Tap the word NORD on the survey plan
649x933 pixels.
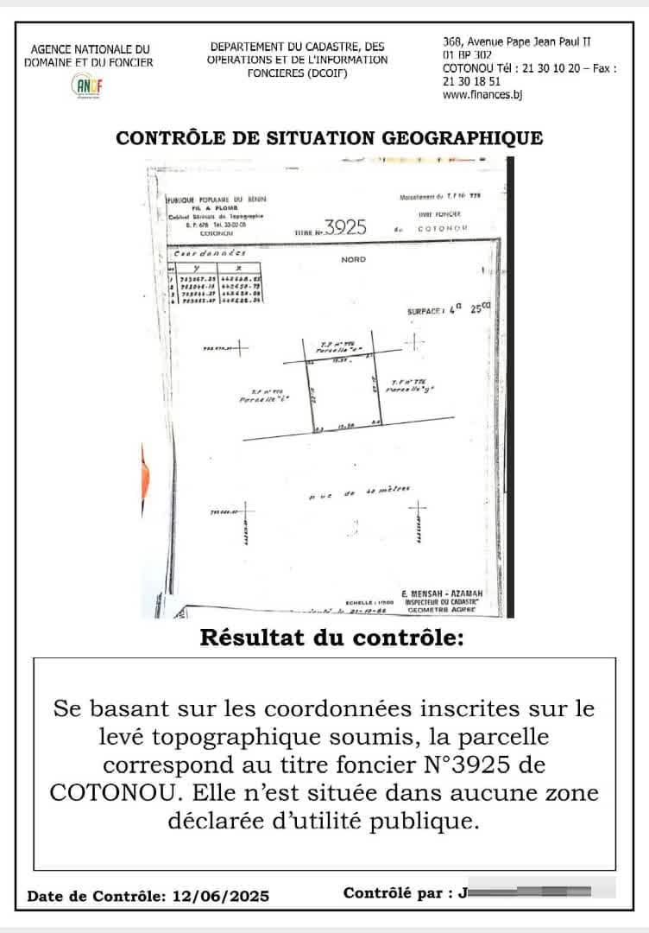tap(354, 259)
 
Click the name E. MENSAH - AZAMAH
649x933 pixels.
tap(442, 593)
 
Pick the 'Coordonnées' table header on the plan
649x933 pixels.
tap(210, 254)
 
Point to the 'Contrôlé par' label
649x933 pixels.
tap(397, 893)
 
